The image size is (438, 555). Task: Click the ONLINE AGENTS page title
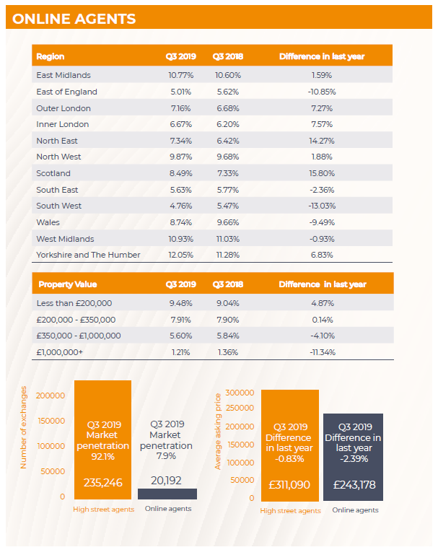[74, 19]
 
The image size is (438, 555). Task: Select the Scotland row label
[53, 173]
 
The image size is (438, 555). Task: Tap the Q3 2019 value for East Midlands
[181, 75]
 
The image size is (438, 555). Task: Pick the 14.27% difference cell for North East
[322, 141]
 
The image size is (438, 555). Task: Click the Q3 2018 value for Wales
[228, 222]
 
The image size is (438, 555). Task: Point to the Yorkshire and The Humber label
[88, 255]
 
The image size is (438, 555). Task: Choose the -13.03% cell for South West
[322, 206]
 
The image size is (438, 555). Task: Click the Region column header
[51, 56]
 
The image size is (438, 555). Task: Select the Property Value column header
[68, 284]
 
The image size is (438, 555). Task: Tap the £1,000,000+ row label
[60, 352]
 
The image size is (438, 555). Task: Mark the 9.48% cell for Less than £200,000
[181, 303]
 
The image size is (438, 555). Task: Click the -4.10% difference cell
[323, 336]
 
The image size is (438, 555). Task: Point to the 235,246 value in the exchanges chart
[103, 482]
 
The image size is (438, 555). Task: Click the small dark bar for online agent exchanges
[167, 494]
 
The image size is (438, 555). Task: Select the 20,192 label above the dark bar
[166, 481]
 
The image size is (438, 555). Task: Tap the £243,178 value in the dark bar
[354, 484]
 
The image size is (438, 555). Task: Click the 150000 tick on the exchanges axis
[51, 421]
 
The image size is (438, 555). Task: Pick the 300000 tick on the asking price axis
[240, 393]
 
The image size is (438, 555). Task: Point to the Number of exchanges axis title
[23, 427]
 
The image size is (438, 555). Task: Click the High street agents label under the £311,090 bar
[291, 511]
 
